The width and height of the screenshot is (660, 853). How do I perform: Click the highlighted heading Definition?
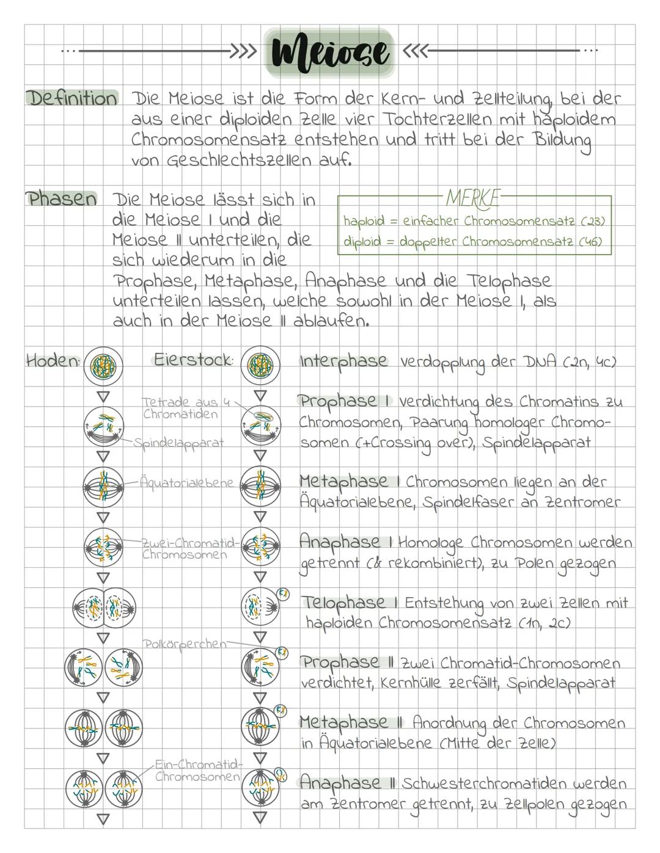click(71, 98)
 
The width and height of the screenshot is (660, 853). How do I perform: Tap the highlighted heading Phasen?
click(61, 198)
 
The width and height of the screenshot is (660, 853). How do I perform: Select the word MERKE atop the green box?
click(473, 198)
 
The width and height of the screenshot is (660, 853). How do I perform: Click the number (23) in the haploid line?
click(594, 220)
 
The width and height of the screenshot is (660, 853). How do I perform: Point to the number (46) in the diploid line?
click(590, 242)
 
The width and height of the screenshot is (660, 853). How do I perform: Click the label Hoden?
click(53, 361)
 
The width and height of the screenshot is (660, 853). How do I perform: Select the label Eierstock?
click(193, 360)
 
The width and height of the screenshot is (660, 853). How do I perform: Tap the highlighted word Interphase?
click(343, 361)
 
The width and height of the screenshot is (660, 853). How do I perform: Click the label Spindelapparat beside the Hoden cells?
click(178, 443)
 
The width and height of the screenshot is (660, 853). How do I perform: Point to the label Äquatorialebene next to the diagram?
click(186, 482)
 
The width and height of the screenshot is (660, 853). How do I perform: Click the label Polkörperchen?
click(184, 644)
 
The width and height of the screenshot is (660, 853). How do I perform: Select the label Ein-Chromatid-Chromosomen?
click(198, 771)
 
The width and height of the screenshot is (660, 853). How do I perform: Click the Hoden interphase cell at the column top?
click(103, 365)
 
